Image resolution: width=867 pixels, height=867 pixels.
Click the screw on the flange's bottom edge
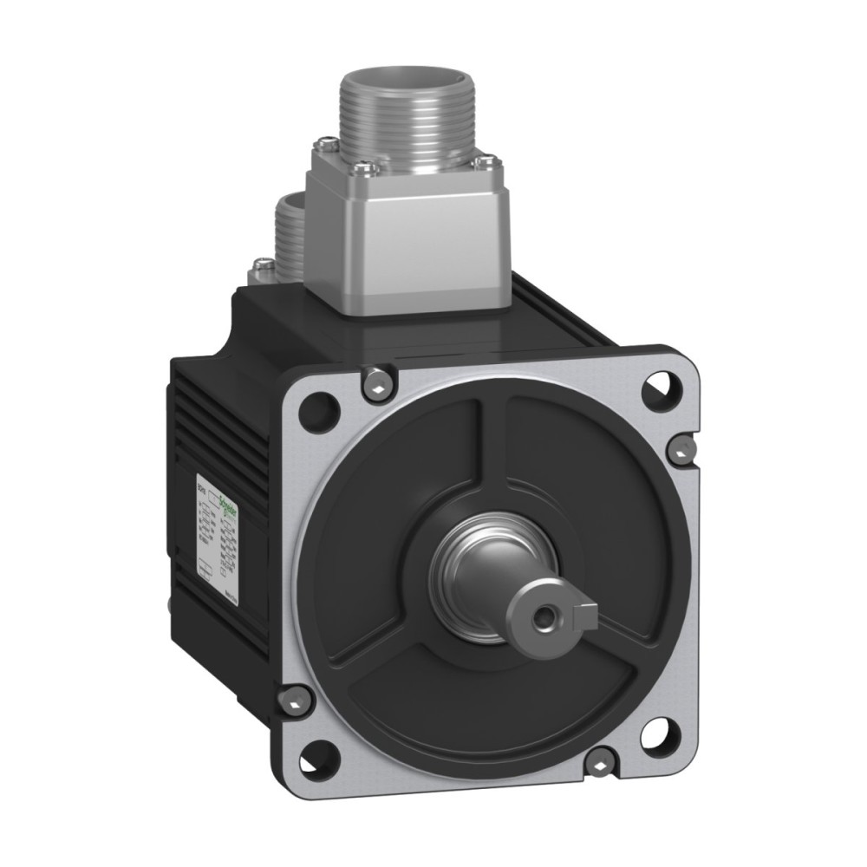[x=599, y=760]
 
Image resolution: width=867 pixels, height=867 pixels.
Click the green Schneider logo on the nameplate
[x=227, y=499]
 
